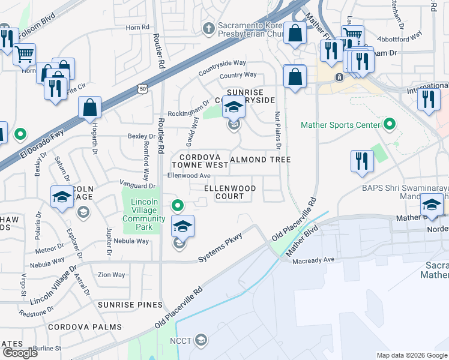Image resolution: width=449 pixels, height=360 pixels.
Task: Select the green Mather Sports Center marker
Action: [390, 125]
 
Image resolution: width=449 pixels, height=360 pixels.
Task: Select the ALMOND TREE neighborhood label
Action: [261, 160]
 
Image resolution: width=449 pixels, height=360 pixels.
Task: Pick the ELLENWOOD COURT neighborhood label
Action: [230, 192]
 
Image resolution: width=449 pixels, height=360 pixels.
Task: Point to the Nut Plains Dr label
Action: [278, 130]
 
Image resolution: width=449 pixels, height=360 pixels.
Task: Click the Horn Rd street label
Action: [137, 28]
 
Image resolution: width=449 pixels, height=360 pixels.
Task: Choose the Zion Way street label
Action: [112, 275]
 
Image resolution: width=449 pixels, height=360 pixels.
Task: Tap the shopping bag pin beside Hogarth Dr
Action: [89, 109]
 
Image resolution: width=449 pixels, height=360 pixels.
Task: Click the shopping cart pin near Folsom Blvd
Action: [24, 55]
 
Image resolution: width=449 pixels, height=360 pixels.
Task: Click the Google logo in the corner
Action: [20, 353]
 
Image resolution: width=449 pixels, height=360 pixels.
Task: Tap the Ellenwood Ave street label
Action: [188, 176]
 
